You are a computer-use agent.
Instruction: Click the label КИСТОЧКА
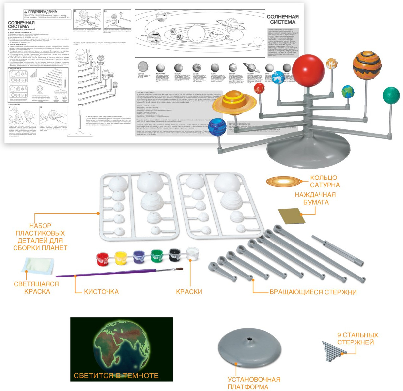[101, 292]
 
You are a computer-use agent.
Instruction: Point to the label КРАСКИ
[189, 292]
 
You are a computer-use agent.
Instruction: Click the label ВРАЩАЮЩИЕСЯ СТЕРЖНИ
[313, 292]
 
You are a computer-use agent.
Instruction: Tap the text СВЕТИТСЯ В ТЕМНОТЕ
[116, 375]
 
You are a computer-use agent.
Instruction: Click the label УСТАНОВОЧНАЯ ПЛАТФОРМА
[254, 383]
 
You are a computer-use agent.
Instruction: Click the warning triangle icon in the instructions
[26, 12]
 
